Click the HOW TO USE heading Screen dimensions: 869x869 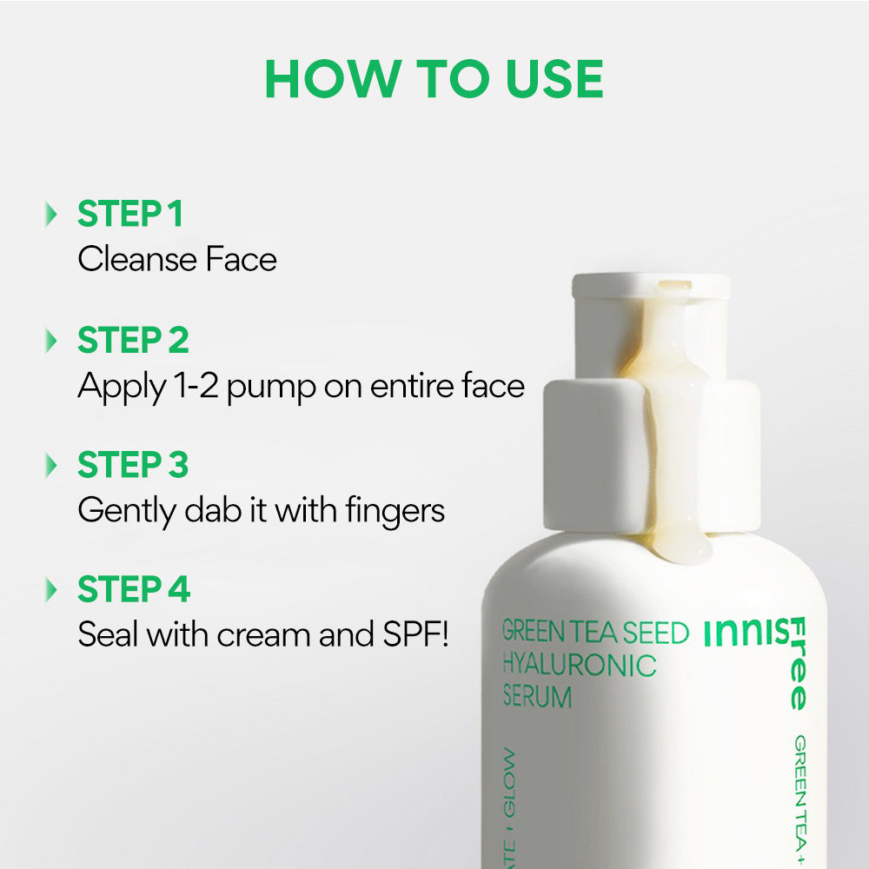coord(434,79)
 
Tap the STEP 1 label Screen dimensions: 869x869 coord(130,215)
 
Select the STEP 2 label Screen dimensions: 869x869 coord(133,341)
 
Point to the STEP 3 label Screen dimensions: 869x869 coord(133,465)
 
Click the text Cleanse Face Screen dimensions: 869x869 coord(177,259)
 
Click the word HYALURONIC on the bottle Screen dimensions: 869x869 coord(579,666)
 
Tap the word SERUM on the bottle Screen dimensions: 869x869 coord(537,697)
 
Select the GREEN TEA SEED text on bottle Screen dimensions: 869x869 coord(595,633)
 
